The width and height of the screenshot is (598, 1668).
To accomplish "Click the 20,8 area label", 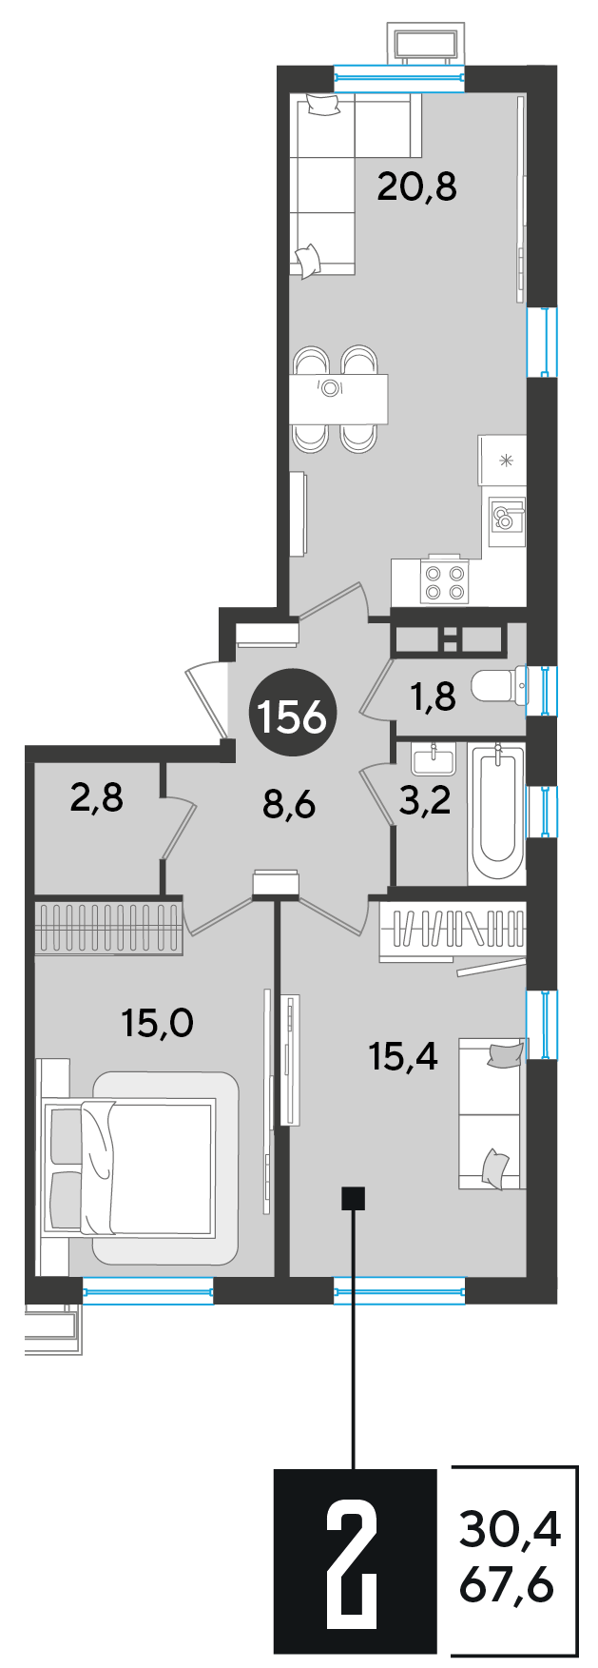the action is click(x=416, y=186).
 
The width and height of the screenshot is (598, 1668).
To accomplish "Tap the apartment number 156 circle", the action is click(x=292, y=716).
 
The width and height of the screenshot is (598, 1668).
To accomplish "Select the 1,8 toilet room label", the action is click(x=433, y=697).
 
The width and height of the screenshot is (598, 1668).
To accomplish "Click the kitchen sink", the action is click(x=506, y=517).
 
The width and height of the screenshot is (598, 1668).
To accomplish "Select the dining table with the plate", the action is click(x=338, y=398).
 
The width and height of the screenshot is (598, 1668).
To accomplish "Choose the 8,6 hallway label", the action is click(x=288, y=806).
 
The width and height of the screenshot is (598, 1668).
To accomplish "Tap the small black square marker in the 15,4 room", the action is click(x=353, y=1197).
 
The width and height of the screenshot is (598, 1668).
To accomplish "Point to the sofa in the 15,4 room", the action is click(x=491, y=1113).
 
